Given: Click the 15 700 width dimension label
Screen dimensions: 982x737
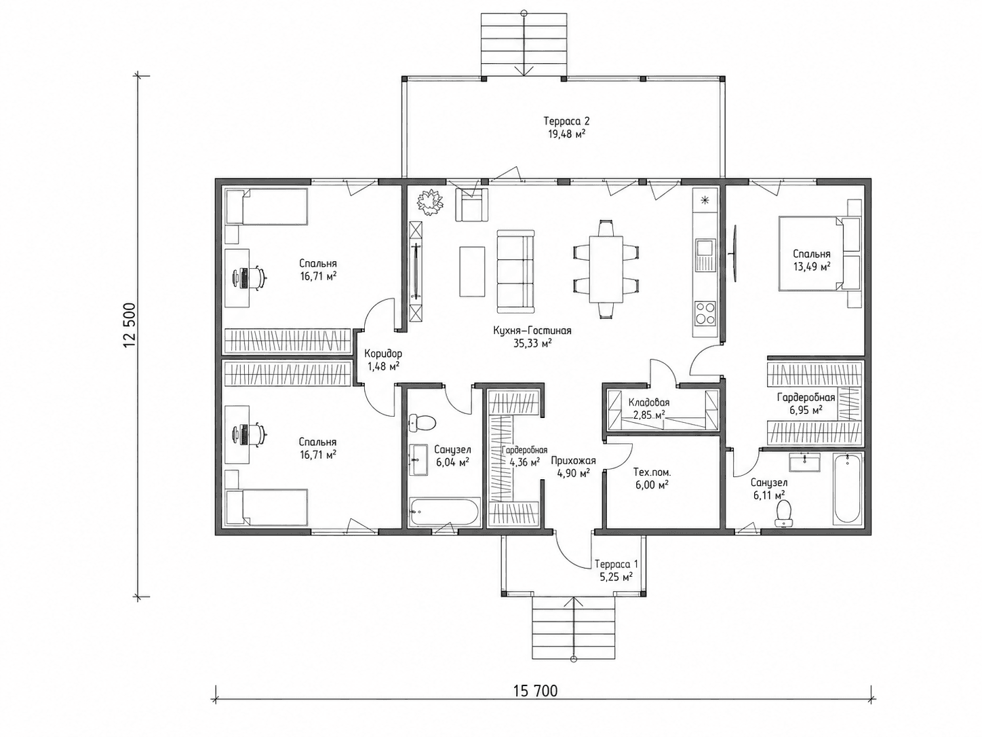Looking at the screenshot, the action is [536, 691].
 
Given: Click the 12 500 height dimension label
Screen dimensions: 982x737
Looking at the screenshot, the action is [130, 325].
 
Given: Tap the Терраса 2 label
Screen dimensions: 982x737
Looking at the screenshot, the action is [567, 121].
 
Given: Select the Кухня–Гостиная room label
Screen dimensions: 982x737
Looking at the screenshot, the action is [532, 330].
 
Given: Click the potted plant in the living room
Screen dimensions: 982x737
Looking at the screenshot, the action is [431, 203].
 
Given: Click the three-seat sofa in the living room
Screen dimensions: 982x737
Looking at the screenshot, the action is [515, 271].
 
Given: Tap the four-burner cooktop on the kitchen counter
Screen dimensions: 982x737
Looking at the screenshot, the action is [705, 314].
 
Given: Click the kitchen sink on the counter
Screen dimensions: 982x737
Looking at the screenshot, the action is [704, 254].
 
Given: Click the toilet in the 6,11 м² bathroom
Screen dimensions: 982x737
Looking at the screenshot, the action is [783, 513].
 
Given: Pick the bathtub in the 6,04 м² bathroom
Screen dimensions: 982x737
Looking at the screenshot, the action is [444, 512].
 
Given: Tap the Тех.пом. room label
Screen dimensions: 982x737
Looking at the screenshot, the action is [652, 472].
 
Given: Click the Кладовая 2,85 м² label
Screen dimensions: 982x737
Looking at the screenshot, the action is [649, 408].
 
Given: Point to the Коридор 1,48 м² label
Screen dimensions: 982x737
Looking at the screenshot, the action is [383, 360].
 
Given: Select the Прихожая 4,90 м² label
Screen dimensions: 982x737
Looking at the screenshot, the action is [573, 466].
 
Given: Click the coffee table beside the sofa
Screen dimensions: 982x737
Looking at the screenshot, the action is [472, 271].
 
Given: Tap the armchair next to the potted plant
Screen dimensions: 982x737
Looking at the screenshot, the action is [471, 204].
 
